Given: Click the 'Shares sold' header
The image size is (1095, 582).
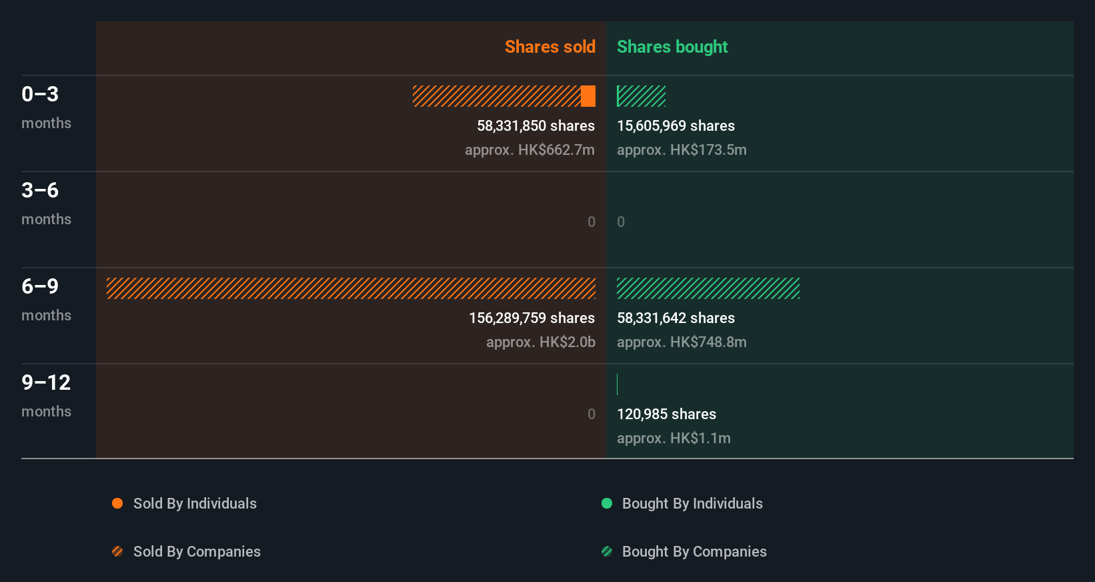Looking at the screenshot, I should (550, 47).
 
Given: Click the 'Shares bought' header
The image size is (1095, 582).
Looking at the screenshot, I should (672, 47).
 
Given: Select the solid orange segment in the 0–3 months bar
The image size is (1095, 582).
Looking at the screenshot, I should (588, 96).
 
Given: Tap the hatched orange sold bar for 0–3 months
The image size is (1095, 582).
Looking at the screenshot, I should (496, 96).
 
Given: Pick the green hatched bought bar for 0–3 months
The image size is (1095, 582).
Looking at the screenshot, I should (641, 96).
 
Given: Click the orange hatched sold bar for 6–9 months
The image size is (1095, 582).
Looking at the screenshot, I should (351, 288).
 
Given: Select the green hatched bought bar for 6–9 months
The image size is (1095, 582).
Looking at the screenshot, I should (708, 288).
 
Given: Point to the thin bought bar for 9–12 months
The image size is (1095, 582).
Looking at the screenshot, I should (618, 384).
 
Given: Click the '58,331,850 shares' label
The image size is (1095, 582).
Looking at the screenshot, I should (535, 126).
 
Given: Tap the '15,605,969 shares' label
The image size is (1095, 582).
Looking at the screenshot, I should (676, 126).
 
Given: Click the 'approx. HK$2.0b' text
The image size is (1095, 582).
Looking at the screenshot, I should (540, 342).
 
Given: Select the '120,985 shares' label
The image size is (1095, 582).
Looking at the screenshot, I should (666, 414).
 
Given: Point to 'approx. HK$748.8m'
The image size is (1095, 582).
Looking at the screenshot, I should (682, 342).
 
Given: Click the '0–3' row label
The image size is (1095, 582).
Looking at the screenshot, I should (40, 95).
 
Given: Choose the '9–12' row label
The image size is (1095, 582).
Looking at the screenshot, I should (46, 383).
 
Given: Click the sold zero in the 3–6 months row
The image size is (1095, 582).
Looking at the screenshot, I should (592, 222).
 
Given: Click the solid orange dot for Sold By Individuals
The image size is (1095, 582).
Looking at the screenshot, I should (117, 503).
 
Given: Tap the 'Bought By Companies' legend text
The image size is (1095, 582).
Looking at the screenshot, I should (694, 552).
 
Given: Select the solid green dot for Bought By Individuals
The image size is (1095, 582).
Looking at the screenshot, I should (607, 503).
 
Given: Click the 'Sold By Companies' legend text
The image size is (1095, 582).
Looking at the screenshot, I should (197, 552).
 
